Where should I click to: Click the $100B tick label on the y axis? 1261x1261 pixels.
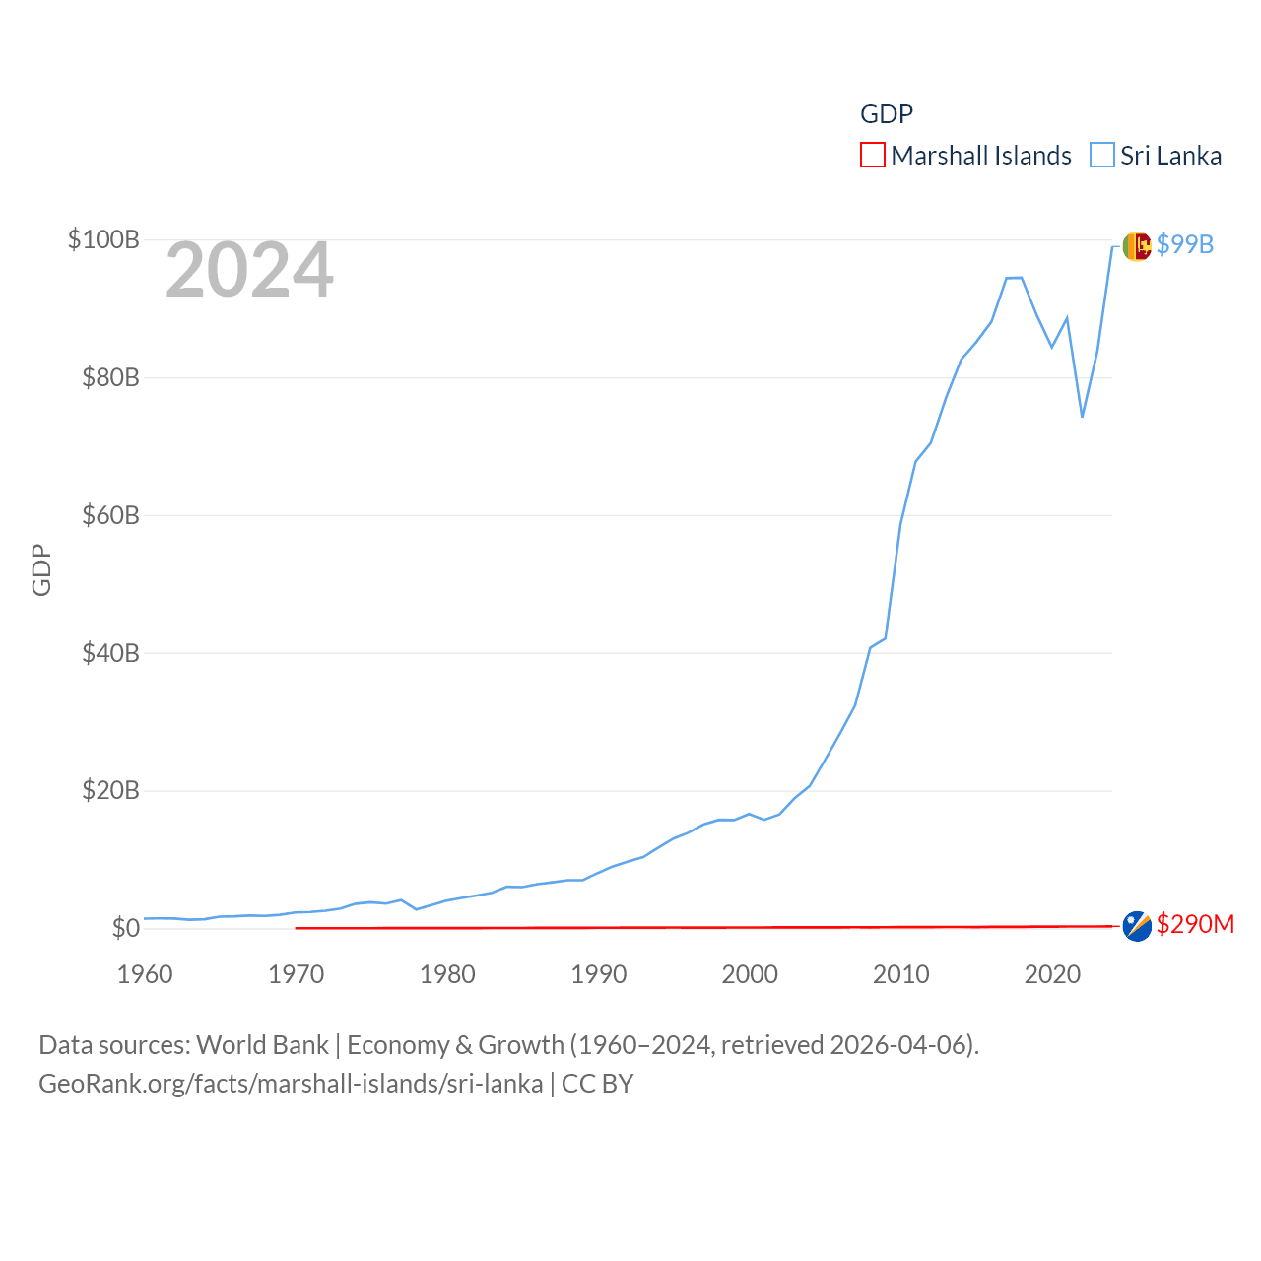pyautogui.click(x=103, y=239)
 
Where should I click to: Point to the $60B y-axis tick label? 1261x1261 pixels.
pyautogui.click(x=110, y=515)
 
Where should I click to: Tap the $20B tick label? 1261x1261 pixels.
pyautogui.click(x=110, y=790)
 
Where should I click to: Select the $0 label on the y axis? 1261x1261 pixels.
pyautogui.click(x=125, y=928)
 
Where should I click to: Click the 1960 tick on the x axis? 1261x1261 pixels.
pyautogui.click(x=145, y=974)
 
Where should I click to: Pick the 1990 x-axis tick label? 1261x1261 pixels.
pyautogui.click(x=599, y=974)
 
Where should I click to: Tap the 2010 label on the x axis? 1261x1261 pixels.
pyautogui.click(x=901, y=974)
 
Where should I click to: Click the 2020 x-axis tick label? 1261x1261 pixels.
pyautogui.click(x=1053, y=974)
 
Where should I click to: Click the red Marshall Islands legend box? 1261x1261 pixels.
pyautogui.click(x=873, y=156)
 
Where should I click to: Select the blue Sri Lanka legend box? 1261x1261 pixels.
pyautogui.click(x=1102, y=156)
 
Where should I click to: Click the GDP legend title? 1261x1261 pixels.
pyautogui.click(x=887, y=114)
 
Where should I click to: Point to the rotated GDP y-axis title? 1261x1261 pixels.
pyautogui.click(x=41, y=569)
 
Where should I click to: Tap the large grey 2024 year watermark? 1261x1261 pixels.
pyautogui.click(x=249, y=270)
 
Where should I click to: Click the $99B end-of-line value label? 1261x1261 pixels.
pyautogui.click(x=1185, y=244)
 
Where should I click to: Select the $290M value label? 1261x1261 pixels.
pyautogui.click(x=1195, y=924)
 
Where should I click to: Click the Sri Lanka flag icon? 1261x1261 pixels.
pyautogui.click(x=1137, y=245)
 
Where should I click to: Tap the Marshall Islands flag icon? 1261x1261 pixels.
pyautogui.click(x=1137, y=926)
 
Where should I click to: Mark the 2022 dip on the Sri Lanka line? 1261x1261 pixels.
pyautogui.click(x=1083, y=417)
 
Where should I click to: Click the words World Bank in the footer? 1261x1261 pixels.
pyautogui.click(x=263, y=1044)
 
